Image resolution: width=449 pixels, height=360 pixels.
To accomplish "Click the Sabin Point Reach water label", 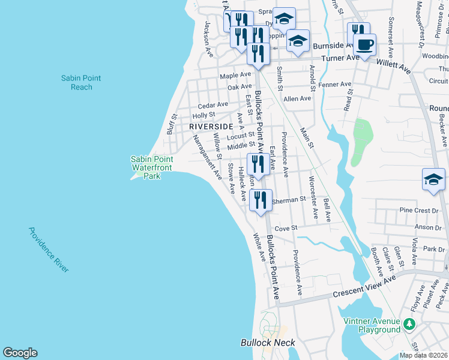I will [x=81, y=83].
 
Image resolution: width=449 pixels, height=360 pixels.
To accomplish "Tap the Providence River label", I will [x=48, y=250].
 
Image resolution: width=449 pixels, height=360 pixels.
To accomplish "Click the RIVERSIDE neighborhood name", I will [x=210, y=127].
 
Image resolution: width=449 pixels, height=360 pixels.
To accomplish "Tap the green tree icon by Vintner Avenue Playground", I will [x=409, y=325].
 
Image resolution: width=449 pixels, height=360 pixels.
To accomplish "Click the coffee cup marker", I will [x=364, y=44].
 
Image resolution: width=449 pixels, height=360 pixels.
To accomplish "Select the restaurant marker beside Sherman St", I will [x=261, y=199].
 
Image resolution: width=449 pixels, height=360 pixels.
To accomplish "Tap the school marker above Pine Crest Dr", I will [x=433, y=179].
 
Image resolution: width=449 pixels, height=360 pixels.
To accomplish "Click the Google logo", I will [x=20, y=353].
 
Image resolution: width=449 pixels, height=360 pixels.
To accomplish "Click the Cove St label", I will [x=286, y=229].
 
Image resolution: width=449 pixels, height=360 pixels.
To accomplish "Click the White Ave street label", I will [x=259, y=247].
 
